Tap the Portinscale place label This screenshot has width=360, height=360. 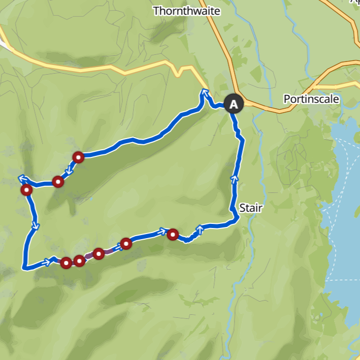point(311,99)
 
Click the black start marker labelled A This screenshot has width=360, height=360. point(234,105)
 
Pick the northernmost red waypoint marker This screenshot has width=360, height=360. point(78,157)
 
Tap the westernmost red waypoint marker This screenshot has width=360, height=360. point(26,190)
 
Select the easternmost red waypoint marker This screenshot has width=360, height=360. point(173,234)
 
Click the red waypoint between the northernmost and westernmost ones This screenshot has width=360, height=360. point(58,181)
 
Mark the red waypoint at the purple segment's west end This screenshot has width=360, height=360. point(79,261)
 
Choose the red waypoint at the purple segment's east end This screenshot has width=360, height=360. point(99,253)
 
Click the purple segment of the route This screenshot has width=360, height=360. point(89,257)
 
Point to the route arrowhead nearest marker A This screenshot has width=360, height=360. point(205,92)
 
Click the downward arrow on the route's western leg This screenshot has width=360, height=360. point(36,225)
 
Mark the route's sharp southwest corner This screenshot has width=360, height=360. point(24,267)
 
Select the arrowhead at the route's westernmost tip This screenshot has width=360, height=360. point(22,178)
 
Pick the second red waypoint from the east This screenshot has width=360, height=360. point(126,244)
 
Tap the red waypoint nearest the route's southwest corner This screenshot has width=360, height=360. point(66,263)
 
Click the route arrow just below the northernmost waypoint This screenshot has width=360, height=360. point(69,171)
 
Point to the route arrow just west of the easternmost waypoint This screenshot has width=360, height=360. point(163,232)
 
